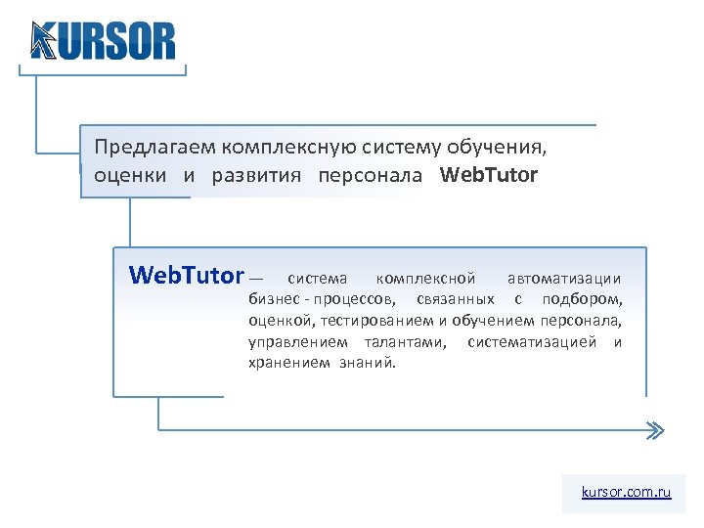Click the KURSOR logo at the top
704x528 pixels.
[104, 41]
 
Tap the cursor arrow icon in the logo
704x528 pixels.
[43, 41]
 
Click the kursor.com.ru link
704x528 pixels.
[626, 492]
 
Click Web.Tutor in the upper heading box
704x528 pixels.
[489, 176]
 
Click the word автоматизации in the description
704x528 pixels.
[563, 279]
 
